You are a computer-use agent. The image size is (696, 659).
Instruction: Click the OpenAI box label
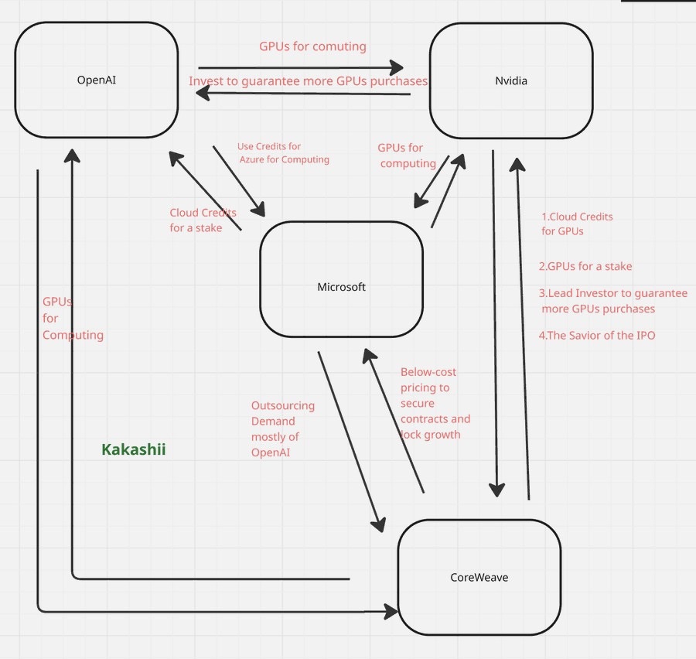(x=96, y=80)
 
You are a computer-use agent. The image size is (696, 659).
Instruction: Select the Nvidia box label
(x=510, y=80)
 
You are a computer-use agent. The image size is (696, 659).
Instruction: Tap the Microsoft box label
(x=341, y=287)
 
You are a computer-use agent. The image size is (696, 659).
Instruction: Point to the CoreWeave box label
(x=479, y=577)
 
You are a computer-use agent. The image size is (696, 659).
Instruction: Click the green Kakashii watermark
(x=134, y=449)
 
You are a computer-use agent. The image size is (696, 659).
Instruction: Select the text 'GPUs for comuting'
(x=312, y=46)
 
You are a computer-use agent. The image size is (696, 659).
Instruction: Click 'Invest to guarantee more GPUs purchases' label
(x=308, y=81)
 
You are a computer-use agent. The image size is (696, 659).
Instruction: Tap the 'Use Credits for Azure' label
(x=282, y=153)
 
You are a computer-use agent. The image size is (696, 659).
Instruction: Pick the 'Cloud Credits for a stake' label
(x=203, y=220)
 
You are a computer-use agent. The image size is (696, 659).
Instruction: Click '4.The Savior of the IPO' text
(x=596, y=336)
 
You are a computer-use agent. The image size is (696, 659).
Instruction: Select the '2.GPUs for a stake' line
(x=585, y=266)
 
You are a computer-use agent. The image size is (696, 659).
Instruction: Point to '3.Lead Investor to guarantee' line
(x=612, y=294)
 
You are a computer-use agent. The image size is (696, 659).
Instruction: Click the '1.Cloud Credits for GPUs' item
(x=577, y=224)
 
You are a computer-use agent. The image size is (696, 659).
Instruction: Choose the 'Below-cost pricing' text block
(x=435, y=403)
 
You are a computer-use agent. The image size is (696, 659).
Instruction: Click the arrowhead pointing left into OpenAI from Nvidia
(x=203, y=92)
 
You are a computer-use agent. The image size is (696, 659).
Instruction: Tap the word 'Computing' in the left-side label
(x=73, y=335)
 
